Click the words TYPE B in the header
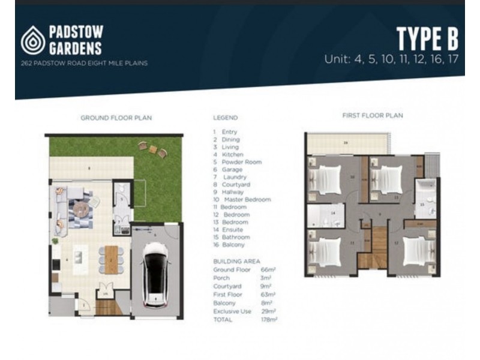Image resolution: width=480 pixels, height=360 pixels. [427, 39]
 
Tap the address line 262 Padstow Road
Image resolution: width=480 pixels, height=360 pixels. [83, 62]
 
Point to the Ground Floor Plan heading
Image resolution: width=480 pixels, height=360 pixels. [116, 118]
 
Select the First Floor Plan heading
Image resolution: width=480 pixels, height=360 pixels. [372, 115]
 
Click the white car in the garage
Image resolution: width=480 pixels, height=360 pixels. [154, 277]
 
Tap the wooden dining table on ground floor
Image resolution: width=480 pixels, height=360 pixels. [111, 259]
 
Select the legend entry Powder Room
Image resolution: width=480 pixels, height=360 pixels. [238, 162]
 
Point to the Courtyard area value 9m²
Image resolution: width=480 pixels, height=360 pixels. [268, 286]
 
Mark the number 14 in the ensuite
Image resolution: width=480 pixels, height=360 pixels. [332, 213]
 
